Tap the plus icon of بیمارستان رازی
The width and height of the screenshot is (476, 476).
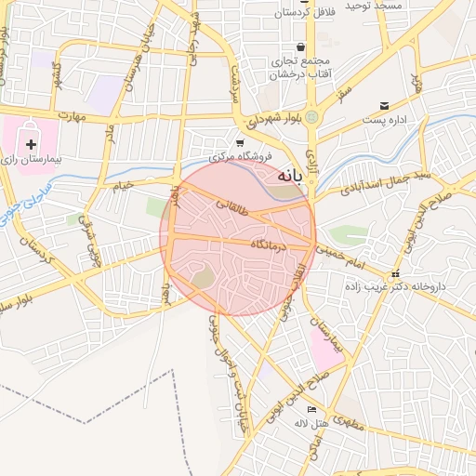[33, 144]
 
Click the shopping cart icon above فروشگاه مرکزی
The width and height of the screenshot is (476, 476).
[240, 143]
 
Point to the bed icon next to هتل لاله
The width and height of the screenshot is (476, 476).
[312, 409]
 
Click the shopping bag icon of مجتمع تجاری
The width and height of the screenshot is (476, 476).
[300, 46]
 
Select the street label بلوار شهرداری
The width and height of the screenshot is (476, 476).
[276, 119]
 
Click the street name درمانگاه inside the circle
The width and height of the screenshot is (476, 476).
[270, 243]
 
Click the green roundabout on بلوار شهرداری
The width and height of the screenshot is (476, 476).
[312, 117]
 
